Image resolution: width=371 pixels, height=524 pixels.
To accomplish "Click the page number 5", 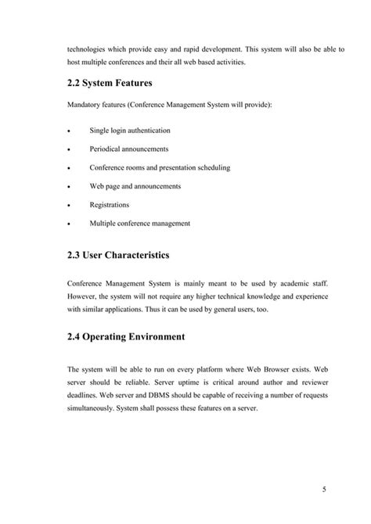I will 323,490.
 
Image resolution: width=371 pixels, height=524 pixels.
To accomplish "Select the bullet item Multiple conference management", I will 139,224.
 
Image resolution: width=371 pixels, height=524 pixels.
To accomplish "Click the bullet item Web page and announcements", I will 135,186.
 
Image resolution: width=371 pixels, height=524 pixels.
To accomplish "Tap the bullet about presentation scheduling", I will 160,167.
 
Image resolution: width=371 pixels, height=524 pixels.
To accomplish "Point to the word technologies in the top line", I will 89,48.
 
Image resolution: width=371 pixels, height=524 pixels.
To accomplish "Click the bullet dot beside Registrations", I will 70,206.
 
